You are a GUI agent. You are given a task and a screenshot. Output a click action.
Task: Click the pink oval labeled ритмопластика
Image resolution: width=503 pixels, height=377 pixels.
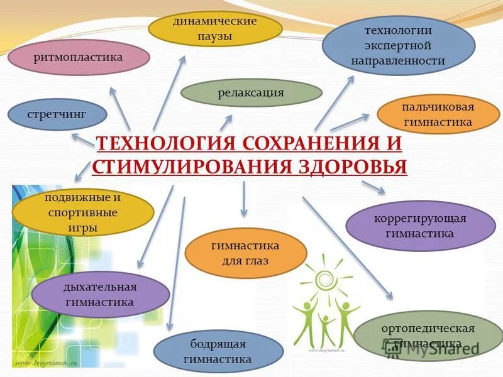click(79, 57)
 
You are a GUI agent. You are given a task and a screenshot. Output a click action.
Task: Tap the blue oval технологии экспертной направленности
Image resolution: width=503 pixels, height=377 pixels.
click(398, 45)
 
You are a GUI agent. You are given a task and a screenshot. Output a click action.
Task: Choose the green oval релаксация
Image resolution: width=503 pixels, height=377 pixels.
click(251, 93)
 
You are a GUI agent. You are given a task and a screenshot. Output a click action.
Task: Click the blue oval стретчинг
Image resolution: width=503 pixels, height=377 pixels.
click(57, 114)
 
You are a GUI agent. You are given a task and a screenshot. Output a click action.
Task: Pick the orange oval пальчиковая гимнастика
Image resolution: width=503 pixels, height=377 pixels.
click(438, 114)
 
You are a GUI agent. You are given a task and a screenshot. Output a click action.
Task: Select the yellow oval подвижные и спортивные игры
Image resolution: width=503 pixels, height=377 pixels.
click(83, 212)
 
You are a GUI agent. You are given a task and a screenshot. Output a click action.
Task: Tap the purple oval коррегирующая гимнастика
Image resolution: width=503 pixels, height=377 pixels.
click(420, 226)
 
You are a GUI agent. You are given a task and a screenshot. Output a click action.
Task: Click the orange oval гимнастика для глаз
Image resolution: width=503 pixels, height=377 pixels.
click(245, 253)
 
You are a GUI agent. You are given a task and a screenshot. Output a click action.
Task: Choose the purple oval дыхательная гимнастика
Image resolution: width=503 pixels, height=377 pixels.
click(100, 294)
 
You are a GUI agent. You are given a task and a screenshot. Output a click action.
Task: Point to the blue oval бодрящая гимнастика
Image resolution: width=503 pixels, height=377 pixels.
click(218, 352)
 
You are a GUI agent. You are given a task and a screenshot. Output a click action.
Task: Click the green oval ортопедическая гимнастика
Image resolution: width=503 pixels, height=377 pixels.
click(428, 336)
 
